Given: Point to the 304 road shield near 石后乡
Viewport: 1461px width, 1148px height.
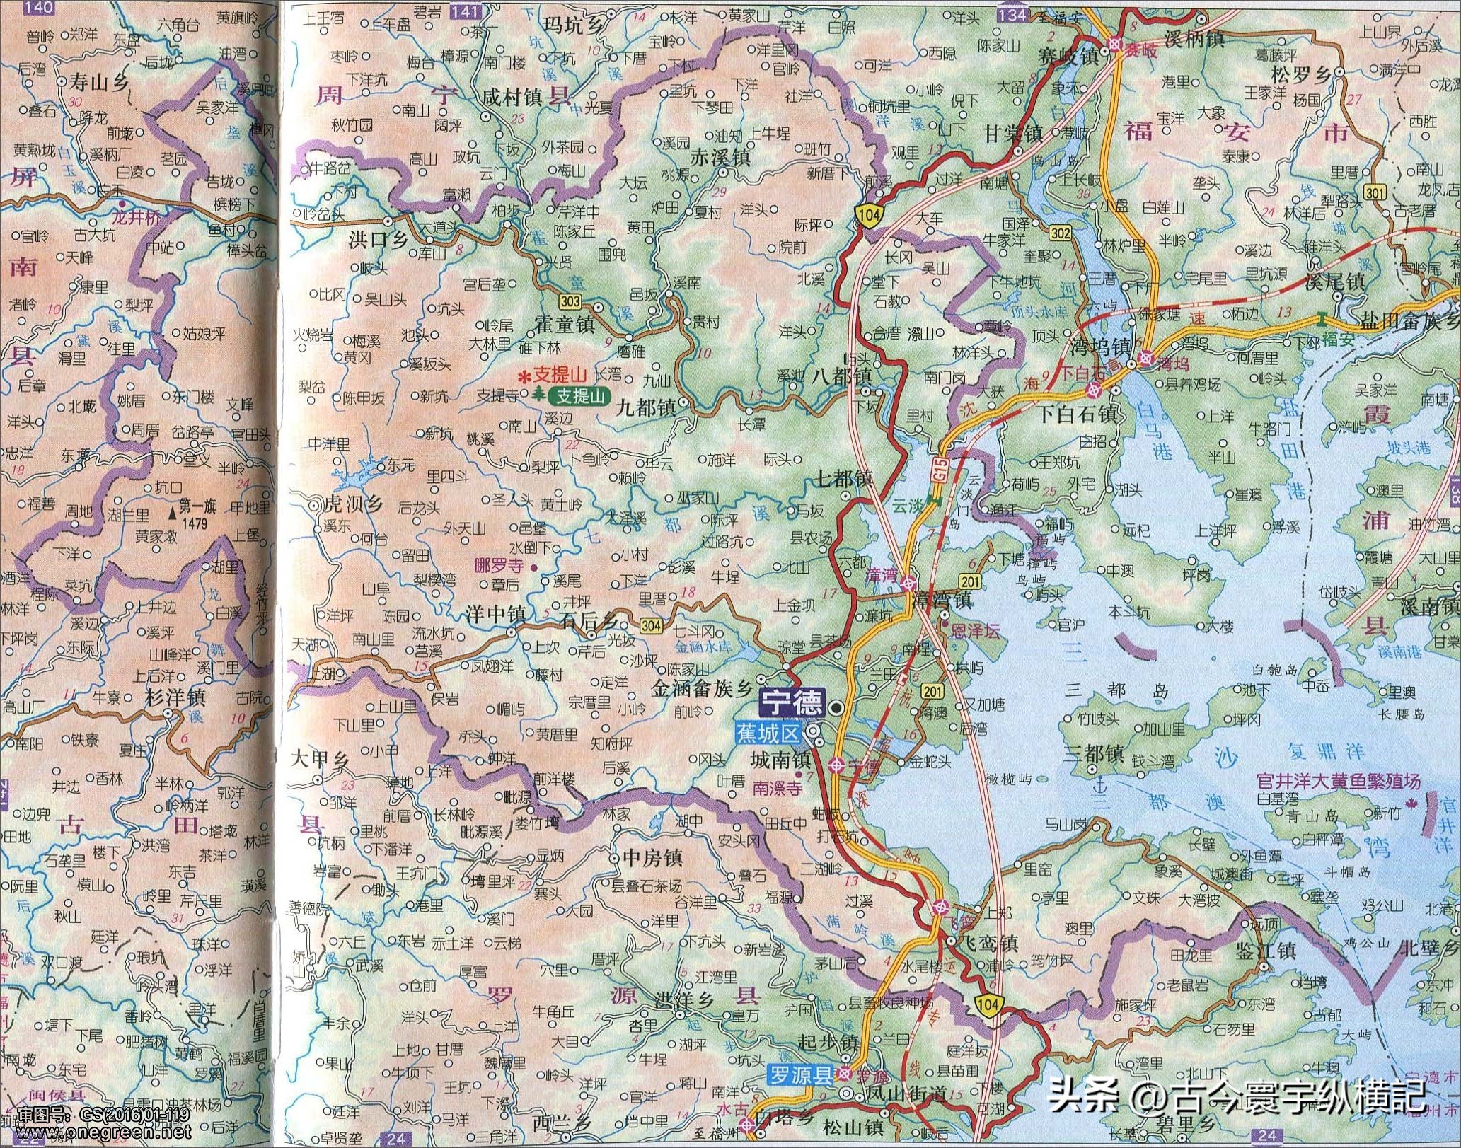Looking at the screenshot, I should point(651,625).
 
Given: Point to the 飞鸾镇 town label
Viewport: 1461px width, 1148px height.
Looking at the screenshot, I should point(991,944).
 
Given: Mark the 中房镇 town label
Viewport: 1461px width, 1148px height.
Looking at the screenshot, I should point(652,858).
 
